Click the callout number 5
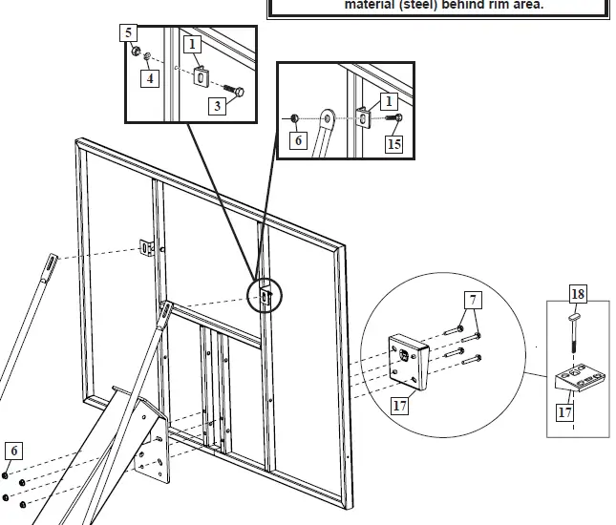129,32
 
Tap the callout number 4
149,78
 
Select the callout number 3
218,105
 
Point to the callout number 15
394,143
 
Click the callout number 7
474,301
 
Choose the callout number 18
578,293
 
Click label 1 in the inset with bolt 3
192,44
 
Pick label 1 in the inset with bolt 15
388,99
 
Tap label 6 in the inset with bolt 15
299,140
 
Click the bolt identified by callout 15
395,117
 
